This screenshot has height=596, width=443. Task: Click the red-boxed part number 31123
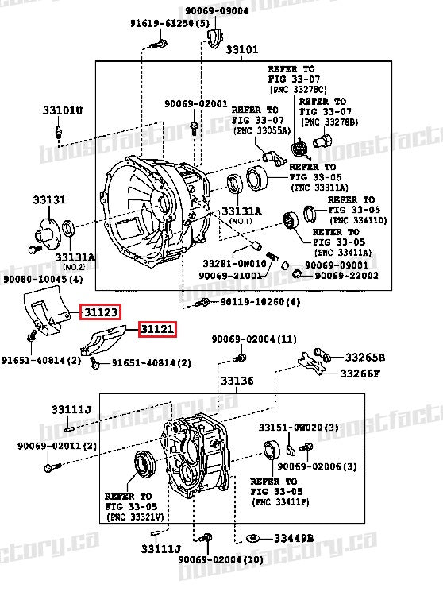[100, 313]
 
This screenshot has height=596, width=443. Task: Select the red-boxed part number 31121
[156, 328]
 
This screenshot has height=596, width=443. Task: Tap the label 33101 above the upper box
[241, 50]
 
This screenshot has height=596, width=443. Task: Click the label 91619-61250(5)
[171, 25]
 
